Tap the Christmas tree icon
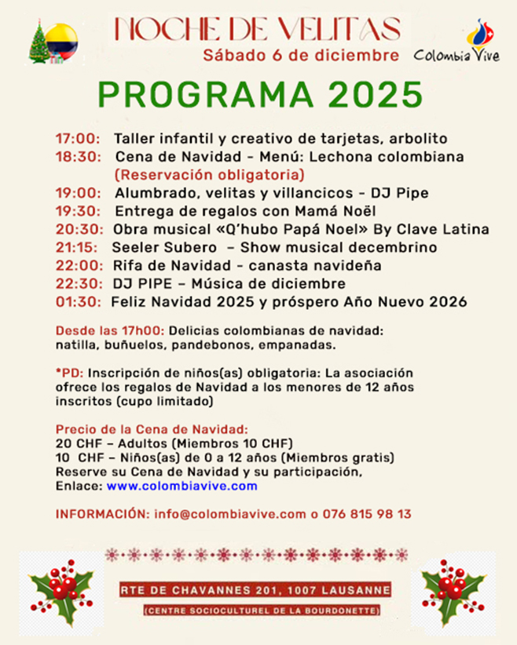click(x=38, y=43)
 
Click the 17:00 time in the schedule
click(x=77, y=139)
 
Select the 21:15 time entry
click(x=76, y=247)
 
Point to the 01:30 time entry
click(x=77, y=301)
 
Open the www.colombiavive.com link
click(x=181, y=486)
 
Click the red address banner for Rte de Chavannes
click(x=258, y=590)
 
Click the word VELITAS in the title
click(x=332, y=28)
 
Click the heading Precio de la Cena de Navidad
click(x=152, y=429)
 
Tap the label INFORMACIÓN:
click(x=102, y=514)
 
